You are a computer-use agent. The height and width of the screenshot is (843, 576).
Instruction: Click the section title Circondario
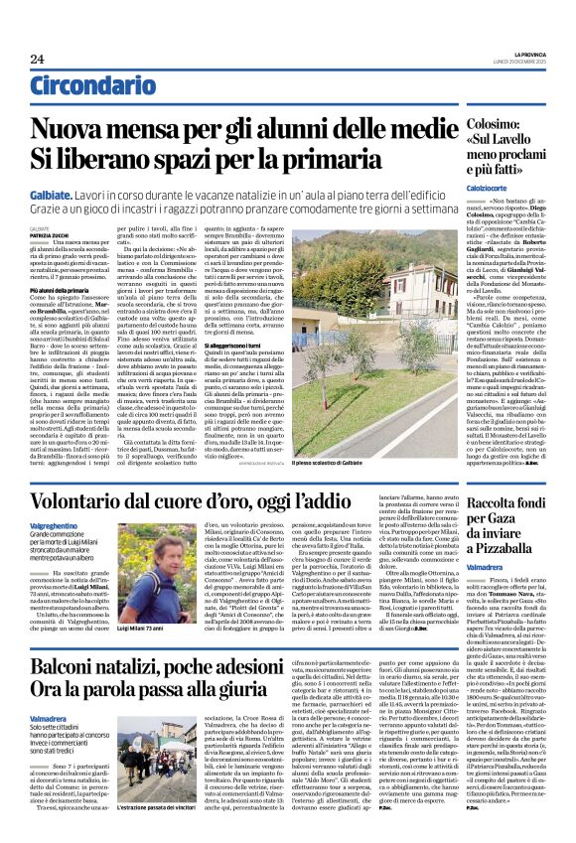coord(84,86)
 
